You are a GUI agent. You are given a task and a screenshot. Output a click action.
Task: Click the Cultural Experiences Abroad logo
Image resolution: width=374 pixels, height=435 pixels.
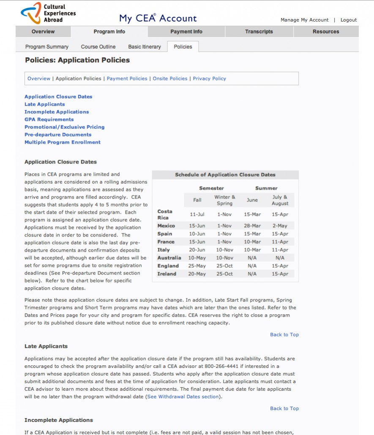[x=48, y=13]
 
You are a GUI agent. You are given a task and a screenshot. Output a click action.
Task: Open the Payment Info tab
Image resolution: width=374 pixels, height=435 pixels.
[x=186, y=32]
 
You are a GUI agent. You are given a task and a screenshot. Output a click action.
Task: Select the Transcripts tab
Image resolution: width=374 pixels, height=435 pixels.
[x=259, y=32]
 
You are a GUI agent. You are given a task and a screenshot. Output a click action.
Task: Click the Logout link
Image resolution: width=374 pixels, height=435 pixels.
[x=349, y=20]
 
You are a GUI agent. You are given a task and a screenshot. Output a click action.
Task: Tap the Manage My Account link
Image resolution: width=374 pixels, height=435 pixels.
[x=304, y=20]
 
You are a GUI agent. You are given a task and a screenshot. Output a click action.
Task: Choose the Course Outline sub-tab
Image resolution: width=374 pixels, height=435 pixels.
[x=98, y=47]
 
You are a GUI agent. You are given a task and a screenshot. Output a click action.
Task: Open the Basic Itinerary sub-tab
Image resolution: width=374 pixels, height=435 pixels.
[x=145, y=47]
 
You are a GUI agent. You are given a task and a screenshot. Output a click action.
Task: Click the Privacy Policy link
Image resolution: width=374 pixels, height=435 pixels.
[x=209, y=79]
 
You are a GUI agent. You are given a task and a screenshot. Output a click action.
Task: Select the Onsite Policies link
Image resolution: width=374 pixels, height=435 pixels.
[x=170, y=79]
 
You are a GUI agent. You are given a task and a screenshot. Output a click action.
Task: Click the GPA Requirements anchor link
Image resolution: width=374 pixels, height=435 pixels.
[x=49, y=120]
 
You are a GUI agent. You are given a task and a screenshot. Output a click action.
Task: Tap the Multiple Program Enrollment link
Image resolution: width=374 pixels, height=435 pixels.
[x=63, y=142]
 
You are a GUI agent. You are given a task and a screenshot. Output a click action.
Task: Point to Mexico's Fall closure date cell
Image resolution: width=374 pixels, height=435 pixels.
[x=197, y=226]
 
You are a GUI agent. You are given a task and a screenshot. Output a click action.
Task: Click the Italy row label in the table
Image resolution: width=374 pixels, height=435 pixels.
[x=164, y=250]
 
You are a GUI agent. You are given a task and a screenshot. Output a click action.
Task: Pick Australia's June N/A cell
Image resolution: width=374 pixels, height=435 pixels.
[x=252, y=258]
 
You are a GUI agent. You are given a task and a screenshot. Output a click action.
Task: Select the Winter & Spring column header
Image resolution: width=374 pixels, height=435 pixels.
[x=224, y=200]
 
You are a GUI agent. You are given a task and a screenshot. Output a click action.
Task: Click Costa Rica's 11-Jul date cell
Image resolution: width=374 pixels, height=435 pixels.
[x=197, y=215]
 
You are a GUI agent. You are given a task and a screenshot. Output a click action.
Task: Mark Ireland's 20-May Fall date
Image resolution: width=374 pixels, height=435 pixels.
[x=197, y=274]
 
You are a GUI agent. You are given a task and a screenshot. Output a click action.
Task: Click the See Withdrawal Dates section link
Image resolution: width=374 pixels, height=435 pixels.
[x=183, y=397]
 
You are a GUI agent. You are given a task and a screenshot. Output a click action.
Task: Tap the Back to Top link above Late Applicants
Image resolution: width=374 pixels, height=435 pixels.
[x=284, y=335]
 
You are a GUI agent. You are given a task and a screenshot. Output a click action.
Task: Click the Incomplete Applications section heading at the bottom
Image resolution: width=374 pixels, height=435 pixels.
[x=59, y=420]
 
